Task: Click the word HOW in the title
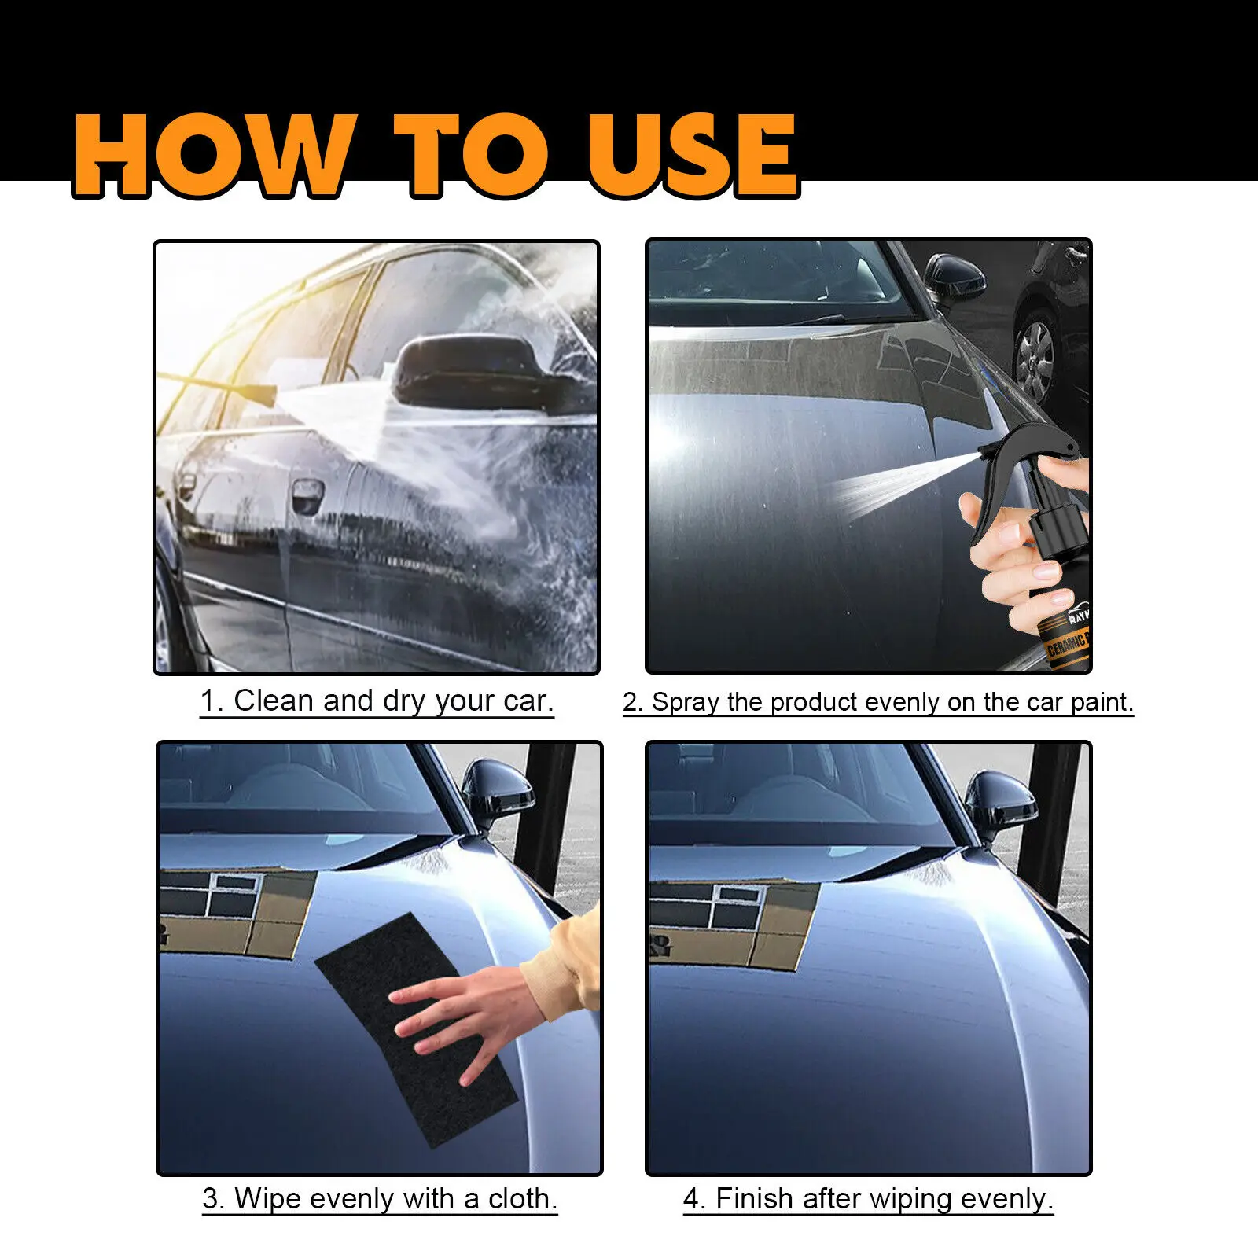212,155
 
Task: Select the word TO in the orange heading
469,155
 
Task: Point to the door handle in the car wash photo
307,495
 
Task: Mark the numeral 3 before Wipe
210,1199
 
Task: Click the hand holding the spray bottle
1022,550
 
